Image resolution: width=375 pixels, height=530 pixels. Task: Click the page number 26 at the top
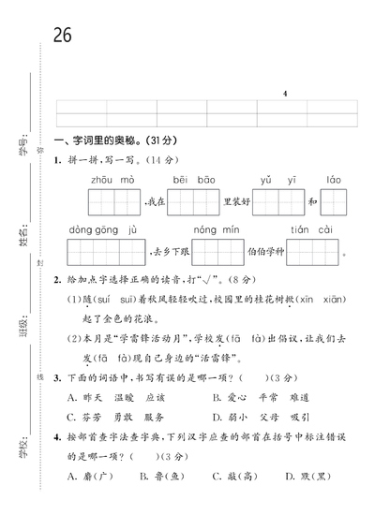(63, 36)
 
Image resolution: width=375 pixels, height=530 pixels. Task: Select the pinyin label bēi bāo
(193, 178)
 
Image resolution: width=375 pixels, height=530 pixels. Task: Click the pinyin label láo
(334, 178)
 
